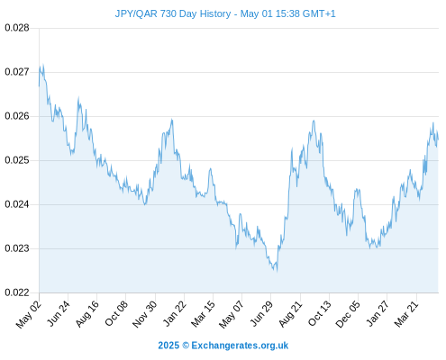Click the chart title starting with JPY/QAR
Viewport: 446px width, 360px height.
[x=225, y=13]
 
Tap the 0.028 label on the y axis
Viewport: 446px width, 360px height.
[x=17, y=28]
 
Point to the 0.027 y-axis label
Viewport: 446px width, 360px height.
[x=17, y=72]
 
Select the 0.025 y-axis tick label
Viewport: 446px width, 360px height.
[x=17, y=160]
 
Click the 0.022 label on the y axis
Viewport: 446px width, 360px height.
[x=17, y=292]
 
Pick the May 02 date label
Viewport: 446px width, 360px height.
[x=29, y=314]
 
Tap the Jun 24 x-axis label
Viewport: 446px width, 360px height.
[x=59, y=313]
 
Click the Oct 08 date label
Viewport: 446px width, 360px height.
[x=116, y=313]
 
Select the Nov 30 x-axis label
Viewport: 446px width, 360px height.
[x=145, y=314]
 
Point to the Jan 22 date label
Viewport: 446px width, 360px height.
[x=174, y=313]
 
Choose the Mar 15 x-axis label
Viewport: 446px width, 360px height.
[x=203, y=314]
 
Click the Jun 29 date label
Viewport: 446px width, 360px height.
[x=261, y=313]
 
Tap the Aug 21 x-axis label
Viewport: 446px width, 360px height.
[x=290, y=314]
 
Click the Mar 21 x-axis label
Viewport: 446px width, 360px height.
[x=406, y=314]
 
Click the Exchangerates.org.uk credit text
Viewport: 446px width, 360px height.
[x=240, y=346]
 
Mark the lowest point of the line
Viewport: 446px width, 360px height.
[x=277, y=272]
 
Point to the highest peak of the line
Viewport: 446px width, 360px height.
[x=43, y=64]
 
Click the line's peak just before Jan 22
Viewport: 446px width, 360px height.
[x=172, y=120]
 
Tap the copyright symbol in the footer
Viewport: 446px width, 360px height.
[x=186, y=346]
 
